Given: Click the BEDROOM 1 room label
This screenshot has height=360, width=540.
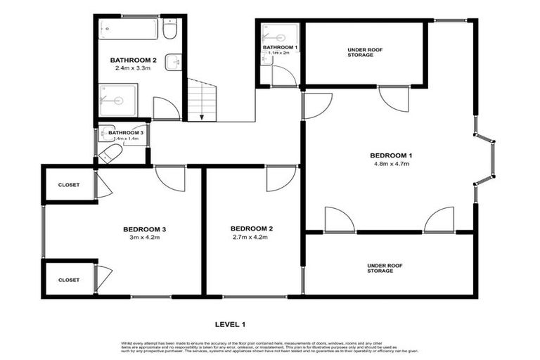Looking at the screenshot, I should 391,155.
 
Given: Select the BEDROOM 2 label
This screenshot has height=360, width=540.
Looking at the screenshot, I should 251,229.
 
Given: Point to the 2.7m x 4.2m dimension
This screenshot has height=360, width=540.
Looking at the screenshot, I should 251,238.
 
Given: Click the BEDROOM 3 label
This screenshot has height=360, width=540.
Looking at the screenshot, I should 144,229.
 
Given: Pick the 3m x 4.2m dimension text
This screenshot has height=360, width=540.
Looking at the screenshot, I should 144,238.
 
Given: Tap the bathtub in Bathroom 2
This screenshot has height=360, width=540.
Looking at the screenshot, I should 128,30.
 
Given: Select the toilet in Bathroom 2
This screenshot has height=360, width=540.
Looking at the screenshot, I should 169,30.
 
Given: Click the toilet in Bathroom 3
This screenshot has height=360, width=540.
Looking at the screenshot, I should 110,154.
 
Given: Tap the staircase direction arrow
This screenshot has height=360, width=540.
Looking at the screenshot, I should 202,115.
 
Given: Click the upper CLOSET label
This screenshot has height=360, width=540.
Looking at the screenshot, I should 69,185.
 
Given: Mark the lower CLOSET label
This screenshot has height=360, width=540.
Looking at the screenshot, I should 69,280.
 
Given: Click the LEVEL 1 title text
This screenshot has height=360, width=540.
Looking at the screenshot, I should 229,324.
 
